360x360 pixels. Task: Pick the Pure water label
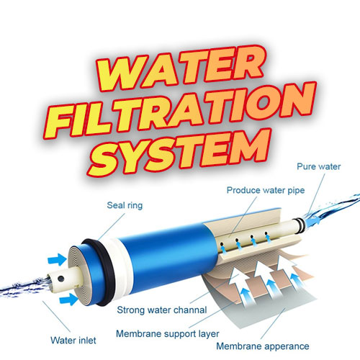coord(317,166)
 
